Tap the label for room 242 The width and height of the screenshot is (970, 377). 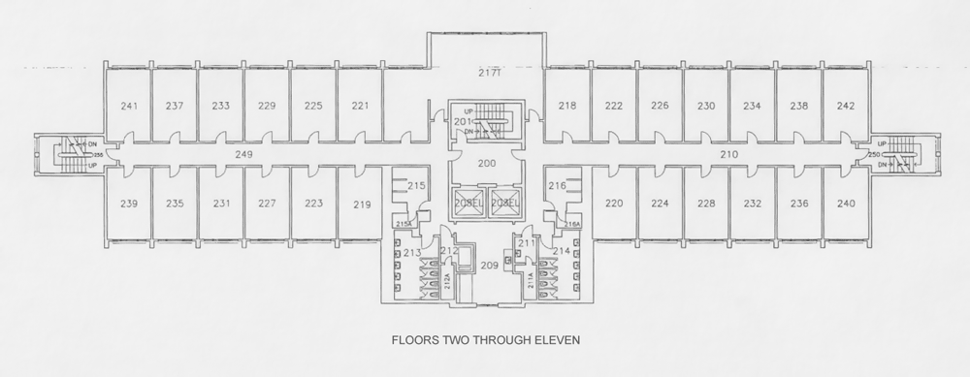[845, 107]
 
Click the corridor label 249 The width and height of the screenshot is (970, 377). [244, 154]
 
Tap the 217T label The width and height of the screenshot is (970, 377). [487, 74]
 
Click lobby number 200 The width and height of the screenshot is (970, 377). [485, 165]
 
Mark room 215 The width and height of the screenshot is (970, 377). [416, 185]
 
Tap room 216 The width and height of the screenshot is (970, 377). [556, 185]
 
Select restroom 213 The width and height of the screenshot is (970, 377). [412, 253]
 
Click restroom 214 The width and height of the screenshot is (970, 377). [560, 253]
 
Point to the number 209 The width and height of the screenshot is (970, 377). [489, 265]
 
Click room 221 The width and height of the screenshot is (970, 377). [360, 107]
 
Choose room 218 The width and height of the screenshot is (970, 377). [567, 107]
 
